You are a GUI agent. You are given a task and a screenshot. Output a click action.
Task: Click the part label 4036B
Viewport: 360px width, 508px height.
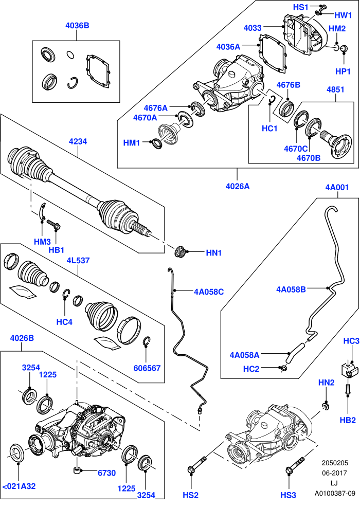coord(77,26)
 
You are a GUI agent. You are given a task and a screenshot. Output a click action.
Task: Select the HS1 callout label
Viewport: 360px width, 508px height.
coord(301,7)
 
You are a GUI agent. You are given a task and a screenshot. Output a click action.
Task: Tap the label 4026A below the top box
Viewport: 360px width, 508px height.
coord(238,186)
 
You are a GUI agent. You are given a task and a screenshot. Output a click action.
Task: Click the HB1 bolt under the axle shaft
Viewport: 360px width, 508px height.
coord(54,224)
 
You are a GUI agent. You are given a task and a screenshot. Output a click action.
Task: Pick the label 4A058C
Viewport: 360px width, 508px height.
coord(209,292)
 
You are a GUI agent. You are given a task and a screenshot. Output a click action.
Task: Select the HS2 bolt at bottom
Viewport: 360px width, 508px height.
coord(197,464)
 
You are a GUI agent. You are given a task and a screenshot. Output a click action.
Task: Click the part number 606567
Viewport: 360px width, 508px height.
coord(147,368)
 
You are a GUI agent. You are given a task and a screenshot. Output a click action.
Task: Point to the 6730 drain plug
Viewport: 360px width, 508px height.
coord(77,470)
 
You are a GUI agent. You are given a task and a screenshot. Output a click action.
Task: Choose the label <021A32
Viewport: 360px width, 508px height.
coord(19,486)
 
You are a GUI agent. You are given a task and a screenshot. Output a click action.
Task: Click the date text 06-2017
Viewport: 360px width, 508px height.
coord(334,473)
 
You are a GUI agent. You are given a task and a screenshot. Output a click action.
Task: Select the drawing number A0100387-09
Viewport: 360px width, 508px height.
coord(335,494)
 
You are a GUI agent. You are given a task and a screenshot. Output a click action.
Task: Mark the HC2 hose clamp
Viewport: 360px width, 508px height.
coord(284,368)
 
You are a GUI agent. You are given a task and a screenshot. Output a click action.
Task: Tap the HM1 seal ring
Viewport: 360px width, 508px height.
coord(157,143)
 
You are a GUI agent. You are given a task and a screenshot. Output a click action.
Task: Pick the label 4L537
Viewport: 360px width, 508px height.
coord(78,261)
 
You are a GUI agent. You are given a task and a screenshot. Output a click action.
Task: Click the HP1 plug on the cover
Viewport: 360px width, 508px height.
coord(344,49)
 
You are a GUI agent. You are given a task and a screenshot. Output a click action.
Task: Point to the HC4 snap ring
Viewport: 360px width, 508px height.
coord(66,293)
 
